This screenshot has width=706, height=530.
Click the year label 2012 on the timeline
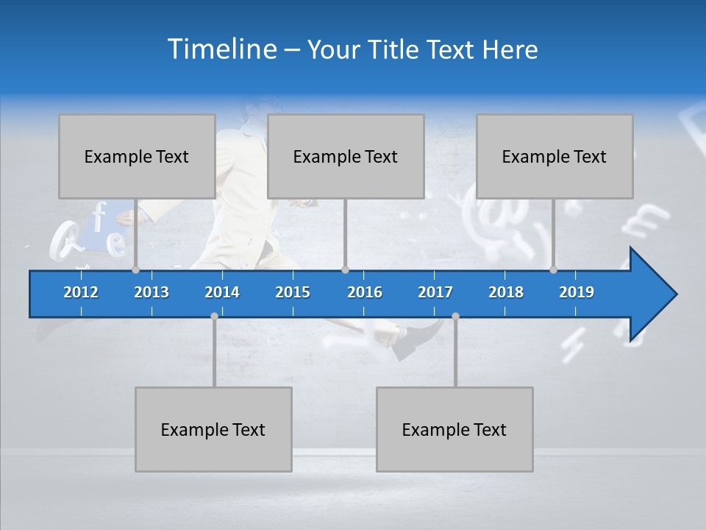pyautogui.click(x=81, y=292)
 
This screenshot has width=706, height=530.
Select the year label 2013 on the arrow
pyautogui.click(x=151, y=292)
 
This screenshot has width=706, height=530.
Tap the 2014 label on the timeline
pyautogui.click(x=222, y=292)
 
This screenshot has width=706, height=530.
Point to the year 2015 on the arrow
pyautogui.click(x=293, y=292)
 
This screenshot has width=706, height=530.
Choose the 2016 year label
pyautogui.click(x=365, y=292)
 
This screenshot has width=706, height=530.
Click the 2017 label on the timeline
pyautogui.click(x=435, y=292)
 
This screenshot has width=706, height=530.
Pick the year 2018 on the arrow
pyautogui.click(x=506, y=292)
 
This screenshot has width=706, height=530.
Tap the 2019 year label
pyautogui.click(x=577, y=292)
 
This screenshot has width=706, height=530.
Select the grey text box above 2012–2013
pyautogui.click(x=137, y=156)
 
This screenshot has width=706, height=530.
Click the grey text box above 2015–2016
pyautogui.click(x=346, y=156)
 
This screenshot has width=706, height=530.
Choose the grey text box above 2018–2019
pyautogui.click(x=555, y=156)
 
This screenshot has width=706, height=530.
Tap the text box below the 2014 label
pyautogui.click(x=213, y=429)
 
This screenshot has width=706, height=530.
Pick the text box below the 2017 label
pyautogui.click(x=454, y=429)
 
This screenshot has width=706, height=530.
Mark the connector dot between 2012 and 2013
pyautogui.click(x=135, y=270)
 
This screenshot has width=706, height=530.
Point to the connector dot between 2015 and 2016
pyautogui.click(x=345, y=270)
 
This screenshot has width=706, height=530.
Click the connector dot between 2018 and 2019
pyautogui.click(x=553, y=270)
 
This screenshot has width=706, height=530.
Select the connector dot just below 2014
pyautogui.click(x=214, y=316)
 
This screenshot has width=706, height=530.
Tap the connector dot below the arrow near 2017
pyautogui.click(x=455, y=316)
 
